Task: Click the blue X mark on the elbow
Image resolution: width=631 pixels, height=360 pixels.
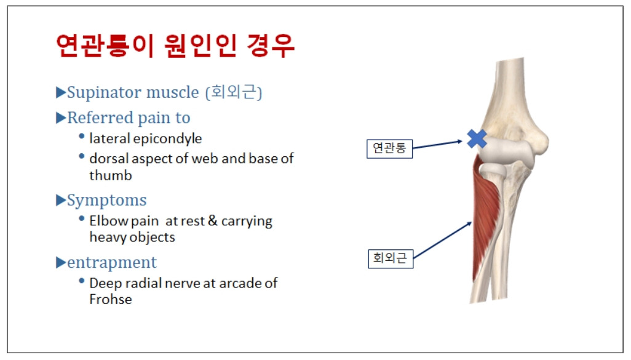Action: pyautogui.click(x=477, y=138)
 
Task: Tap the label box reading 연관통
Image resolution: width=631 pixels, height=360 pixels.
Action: pyautogui.click(x=389, y=148)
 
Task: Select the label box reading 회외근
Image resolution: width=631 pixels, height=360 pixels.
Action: pyautogui.click(x=391, y=258)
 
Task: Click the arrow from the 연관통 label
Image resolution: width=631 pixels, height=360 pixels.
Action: pyautogui.click(x=437, y=145)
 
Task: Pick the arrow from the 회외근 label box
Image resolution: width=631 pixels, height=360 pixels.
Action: pyautogui.click(x=442, y=240)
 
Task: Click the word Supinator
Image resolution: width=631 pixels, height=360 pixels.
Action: pyautogui.click(x=104, y=93)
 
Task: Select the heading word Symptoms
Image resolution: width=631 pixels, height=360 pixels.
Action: pyautogui.click(x=106, y=201)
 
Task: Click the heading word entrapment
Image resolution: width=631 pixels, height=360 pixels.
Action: pyautogui.click(x=111, y=263)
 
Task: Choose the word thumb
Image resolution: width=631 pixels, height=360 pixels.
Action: pyautogui.click(x=111, y=175)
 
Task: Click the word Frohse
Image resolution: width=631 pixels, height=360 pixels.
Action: pyautogui.click(x=111, y=300)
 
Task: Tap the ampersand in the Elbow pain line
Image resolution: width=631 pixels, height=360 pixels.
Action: pyautogui.click(x=212, y=221)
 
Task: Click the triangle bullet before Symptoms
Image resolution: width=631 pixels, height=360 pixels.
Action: pyautogui.click(x=61, y=200)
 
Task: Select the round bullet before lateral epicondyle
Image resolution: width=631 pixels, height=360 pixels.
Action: pyautogui.click(x=82, y=137)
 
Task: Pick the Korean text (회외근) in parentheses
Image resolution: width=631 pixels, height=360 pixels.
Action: pyautogui.click(x=234, y=92)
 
